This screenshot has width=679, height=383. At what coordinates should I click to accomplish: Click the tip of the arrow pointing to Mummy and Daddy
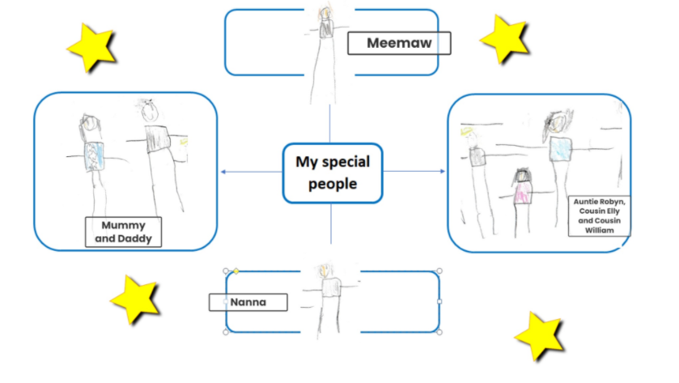pos(221,172)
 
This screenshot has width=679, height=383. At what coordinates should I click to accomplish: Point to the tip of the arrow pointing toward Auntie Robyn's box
pos(445,171)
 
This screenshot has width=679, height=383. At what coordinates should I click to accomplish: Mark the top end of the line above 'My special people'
pos(330,104)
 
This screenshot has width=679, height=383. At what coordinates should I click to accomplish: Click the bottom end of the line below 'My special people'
pos(331,244)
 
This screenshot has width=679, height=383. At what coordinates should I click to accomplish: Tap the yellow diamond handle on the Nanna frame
pos(236,270)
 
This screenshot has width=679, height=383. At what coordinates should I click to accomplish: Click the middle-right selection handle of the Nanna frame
pos(439,301)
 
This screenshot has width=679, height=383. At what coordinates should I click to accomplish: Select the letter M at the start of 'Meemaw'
pos(373,43)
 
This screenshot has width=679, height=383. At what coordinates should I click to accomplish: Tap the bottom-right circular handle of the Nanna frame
pos(439,332)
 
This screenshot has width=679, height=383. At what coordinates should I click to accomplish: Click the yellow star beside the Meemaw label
pos(505,39)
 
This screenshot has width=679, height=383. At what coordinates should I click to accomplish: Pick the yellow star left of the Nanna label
pos(135,299)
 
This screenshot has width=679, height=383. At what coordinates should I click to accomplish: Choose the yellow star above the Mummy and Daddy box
pos(91,47)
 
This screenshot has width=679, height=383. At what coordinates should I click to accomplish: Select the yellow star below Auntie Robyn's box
pos(540,336)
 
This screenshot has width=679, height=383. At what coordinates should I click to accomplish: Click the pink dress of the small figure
pos(523,193)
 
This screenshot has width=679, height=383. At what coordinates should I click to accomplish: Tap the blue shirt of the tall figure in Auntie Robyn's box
pos(561,150)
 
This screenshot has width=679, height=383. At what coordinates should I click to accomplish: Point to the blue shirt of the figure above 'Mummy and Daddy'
pos(94,156)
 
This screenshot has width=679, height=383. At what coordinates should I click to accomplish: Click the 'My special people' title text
pos(333,172)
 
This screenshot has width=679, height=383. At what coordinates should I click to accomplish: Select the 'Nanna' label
pos(248,302)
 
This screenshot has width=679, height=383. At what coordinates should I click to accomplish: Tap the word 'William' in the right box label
pos(600,230)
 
